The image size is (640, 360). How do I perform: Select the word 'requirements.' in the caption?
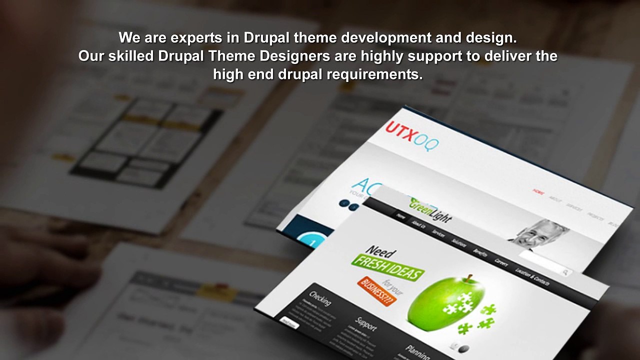tap(374, 74)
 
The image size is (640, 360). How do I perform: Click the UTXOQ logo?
tap(411, 134)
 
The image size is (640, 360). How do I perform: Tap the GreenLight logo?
tap(430, 210)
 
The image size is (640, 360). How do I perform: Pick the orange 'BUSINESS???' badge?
tap(377, 291)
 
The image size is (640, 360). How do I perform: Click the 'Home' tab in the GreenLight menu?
tap(400, 216)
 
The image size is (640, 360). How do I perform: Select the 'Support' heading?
tap(365, 324)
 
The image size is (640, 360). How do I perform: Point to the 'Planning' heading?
tap(417, 351)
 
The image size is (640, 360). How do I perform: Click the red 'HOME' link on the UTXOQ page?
tap(538, 191)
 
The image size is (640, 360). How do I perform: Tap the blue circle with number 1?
tap(313, 242)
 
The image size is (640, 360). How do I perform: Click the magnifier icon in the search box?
tap(565, 272)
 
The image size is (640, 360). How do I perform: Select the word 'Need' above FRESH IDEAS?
tap(380, 251)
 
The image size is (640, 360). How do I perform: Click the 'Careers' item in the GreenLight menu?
tap(501, 261)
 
